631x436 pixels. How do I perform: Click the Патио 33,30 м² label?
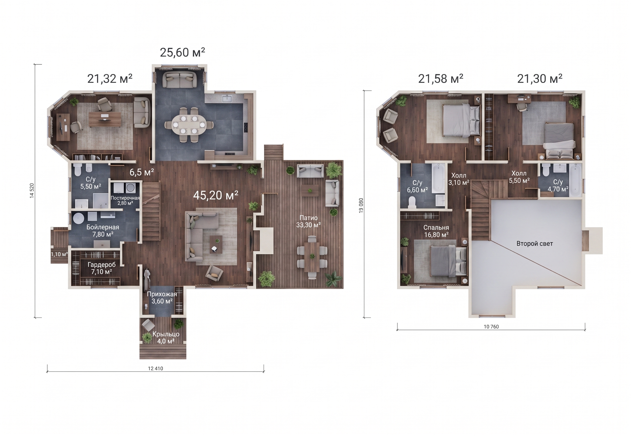tap(308, 221)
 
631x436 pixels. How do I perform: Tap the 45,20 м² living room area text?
tap(215, 195)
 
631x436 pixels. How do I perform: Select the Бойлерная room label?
tap(103, 227)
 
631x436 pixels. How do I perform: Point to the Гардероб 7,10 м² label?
tap(101, 268)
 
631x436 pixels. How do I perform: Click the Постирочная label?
tap(125, 198)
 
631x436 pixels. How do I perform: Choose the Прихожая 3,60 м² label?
tap(162, 298)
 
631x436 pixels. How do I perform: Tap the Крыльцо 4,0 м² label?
tap(166, 337)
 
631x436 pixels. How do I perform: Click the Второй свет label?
tap(534, 244)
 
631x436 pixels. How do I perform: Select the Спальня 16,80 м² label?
tap(436, 231)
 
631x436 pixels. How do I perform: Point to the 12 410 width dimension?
tap(155, 369)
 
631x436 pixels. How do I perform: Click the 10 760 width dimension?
tap(491, 327)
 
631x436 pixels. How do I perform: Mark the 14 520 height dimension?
tap(32, 190)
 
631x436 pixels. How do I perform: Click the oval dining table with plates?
tap(189, 125)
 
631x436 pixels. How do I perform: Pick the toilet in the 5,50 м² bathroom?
tap(78, 170)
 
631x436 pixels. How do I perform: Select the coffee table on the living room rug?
tap(216, 244)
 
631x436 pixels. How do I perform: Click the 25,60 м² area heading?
tap(182, 53)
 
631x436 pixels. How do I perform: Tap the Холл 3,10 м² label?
tap(459, 179)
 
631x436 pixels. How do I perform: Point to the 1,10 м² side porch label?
tap(59, 254)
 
